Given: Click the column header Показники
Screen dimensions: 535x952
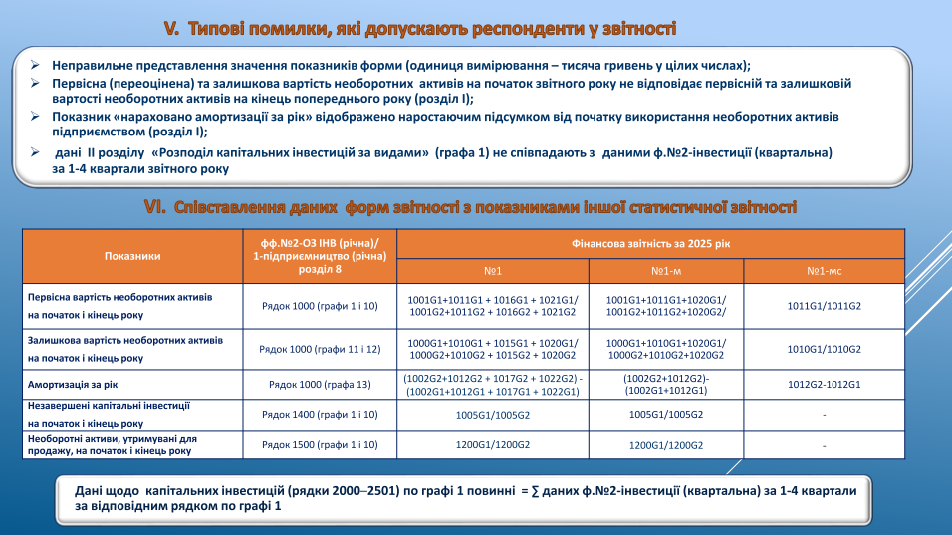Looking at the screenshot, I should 132,256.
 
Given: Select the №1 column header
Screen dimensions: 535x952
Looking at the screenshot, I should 492,271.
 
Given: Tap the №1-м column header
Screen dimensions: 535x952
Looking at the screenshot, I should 665,271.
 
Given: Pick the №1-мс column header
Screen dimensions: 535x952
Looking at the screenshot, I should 825,271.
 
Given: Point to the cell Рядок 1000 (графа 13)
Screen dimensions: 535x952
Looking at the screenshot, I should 320,384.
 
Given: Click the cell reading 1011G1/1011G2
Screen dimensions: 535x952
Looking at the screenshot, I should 825,306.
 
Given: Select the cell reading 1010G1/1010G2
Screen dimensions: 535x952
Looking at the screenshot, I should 825,349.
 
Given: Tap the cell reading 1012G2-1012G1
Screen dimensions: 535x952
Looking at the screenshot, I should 825,384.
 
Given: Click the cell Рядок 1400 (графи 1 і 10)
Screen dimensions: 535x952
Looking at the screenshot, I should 320,414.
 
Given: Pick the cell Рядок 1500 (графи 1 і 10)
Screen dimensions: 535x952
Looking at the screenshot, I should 320,444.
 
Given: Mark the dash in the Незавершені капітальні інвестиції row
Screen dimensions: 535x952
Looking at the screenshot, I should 825,414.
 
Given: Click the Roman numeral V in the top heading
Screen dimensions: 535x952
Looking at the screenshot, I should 170,29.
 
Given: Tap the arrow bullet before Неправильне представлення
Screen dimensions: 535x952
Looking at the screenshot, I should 35,64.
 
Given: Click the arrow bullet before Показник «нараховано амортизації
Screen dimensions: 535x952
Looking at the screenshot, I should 35,117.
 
